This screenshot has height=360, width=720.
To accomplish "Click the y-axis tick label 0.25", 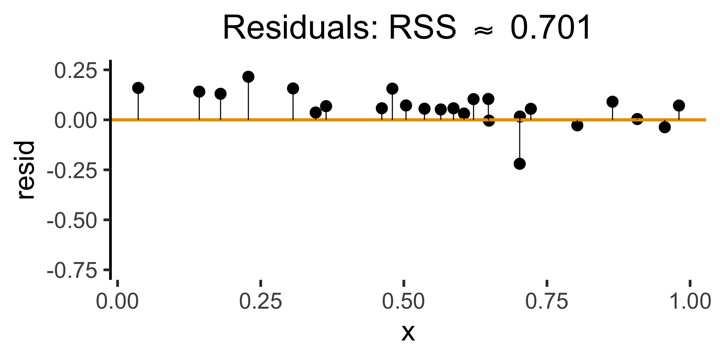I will pos(76,71).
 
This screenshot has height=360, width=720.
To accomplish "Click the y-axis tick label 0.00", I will pos(76,121).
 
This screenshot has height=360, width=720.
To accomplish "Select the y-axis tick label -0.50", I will pos(72,220).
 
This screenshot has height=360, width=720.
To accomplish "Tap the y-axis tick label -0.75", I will pos(72,270).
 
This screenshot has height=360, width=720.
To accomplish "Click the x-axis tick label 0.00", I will pos(117,301).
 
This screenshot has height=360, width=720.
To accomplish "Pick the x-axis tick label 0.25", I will pos(261,301).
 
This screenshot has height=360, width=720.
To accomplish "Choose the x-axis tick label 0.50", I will pos(403,301).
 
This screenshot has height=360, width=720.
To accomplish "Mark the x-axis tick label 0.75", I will pos(547,301).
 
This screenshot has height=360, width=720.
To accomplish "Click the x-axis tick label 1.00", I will pos(690,301).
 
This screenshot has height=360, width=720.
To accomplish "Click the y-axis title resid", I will pos(26,169).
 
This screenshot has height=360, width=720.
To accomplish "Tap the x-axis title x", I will pos(408,332).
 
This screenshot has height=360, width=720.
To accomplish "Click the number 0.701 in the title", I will pos(550,28).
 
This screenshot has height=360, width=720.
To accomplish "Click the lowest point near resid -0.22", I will pos(519,163).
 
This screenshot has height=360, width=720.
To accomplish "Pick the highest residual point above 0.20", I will pos(248,77).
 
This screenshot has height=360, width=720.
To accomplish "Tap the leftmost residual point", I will pos(138,88).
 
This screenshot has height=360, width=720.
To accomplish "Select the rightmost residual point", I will pos(679,105).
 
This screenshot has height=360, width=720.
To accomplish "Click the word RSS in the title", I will pos(423,28).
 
